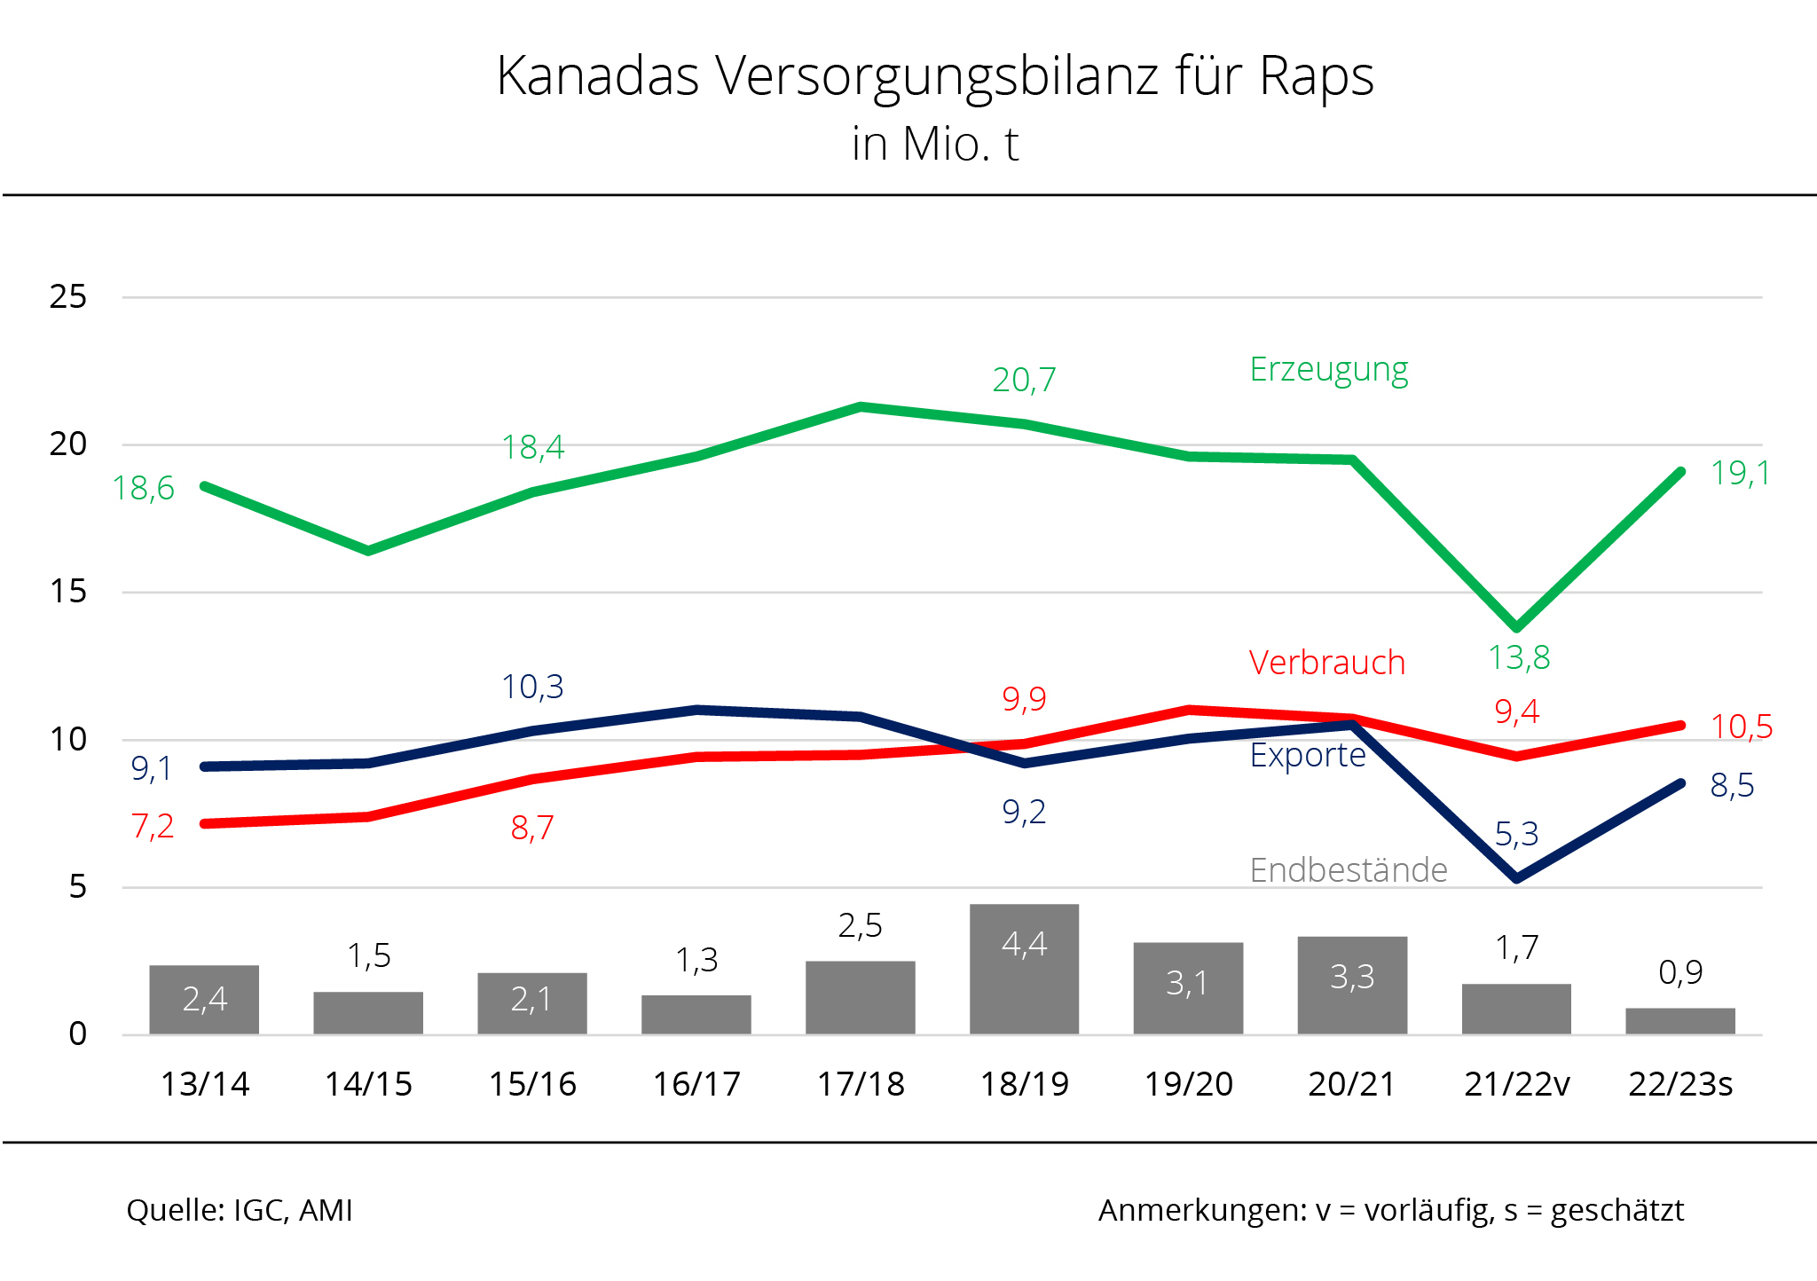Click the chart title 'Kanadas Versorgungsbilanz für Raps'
[x=934, y=76]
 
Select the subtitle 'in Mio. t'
[x=934, y=144]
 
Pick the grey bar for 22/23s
[x=1679, y=1021]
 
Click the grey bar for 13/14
[x=204, y=1000]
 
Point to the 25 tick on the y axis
[x=68, y=296]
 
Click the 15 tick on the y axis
[x=68, y=592]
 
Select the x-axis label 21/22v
[x=1516, y=1084]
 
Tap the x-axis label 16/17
[x=696, y=1084]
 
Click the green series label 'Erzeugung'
[x=1328, y=370]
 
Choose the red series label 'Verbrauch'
[x=1326, y=663]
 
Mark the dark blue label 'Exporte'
[x=1307, y=755]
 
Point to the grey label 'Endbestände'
[x=1348, y=870]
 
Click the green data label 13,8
[x=1518, y=657]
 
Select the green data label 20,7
[x=1024, y=380]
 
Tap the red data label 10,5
[x=1741, y=727]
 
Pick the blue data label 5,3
[x=1516, y=834]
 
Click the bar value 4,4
[x=1024, y=944]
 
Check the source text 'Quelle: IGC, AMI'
[x=240, y=1210]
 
